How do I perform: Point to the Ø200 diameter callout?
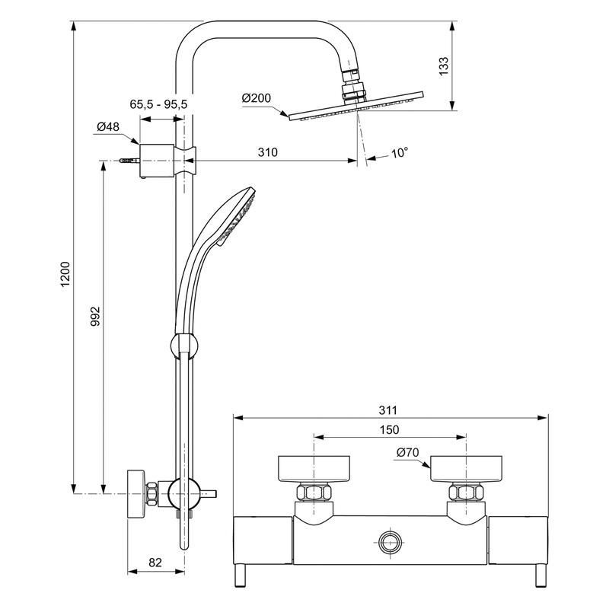pos(256,99)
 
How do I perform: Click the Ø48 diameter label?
pos(107,127)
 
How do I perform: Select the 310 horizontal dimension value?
pos(266,152)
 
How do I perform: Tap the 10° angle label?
pos(400,152)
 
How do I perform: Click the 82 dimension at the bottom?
pos(155,563)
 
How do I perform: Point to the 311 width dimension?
pos(390,409)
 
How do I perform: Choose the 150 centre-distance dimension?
pos(389,429)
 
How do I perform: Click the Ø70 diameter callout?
pos(408,452)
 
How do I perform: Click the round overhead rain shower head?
pos(354,108)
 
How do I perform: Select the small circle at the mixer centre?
pos(390,543)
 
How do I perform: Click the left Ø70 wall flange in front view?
pos(314,469)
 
